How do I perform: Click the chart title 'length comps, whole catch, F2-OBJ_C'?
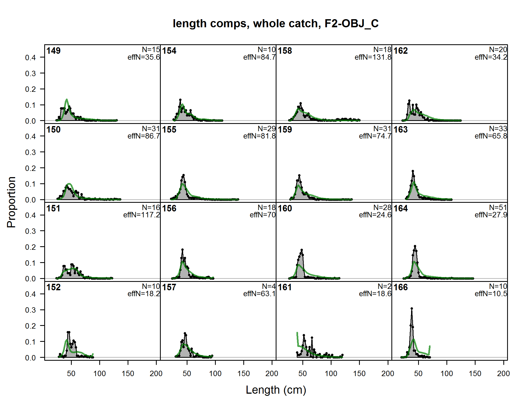276,23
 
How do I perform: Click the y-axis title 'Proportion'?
11,202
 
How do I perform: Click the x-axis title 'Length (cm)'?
276,390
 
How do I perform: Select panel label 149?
53,51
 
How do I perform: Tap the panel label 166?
401,287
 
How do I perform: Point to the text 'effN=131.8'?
373,57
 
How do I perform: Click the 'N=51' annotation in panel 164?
498,207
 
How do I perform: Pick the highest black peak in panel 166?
412,308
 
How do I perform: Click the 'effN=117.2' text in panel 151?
142,215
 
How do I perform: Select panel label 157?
169,287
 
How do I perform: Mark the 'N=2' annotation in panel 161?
384,286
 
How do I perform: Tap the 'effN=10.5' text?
491,294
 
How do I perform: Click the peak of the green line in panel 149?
67,99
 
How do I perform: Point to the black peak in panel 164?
415,246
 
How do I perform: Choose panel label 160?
285,208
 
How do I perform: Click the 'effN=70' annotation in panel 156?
262,215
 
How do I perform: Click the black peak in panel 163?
413,171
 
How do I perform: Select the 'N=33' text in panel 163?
498,129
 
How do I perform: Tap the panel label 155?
169,130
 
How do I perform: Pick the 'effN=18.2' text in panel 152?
144,294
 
